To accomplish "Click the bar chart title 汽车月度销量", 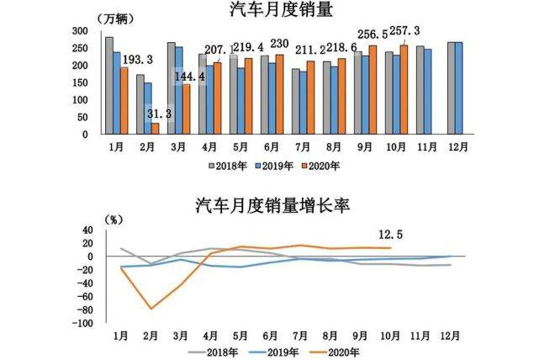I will point(268,10).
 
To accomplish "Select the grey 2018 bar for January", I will point(109,85).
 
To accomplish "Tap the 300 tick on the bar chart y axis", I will point(81,29).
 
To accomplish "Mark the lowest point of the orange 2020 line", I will point(151,309).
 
